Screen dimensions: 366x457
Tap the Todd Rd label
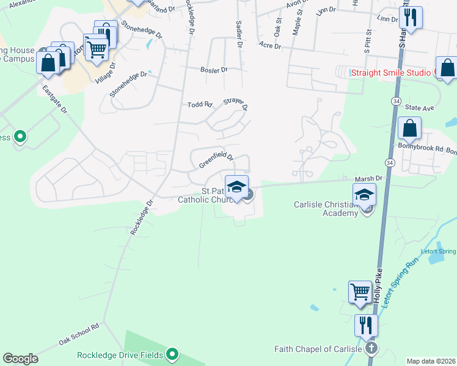pos(199,105)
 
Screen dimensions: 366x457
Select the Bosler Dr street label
pos(214,70)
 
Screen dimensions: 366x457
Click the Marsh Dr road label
pos(368,178)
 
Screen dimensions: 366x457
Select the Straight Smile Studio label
pos(391,73)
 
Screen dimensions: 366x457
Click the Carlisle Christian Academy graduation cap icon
pos(364,195)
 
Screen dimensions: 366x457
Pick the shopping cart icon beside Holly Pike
pos(360,292)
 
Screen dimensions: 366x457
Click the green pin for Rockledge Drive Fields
pos(172,354)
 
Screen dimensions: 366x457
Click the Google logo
pos(20,359)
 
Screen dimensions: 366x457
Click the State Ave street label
pos(419,107)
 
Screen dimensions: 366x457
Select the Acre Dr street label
pos(269,45)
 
